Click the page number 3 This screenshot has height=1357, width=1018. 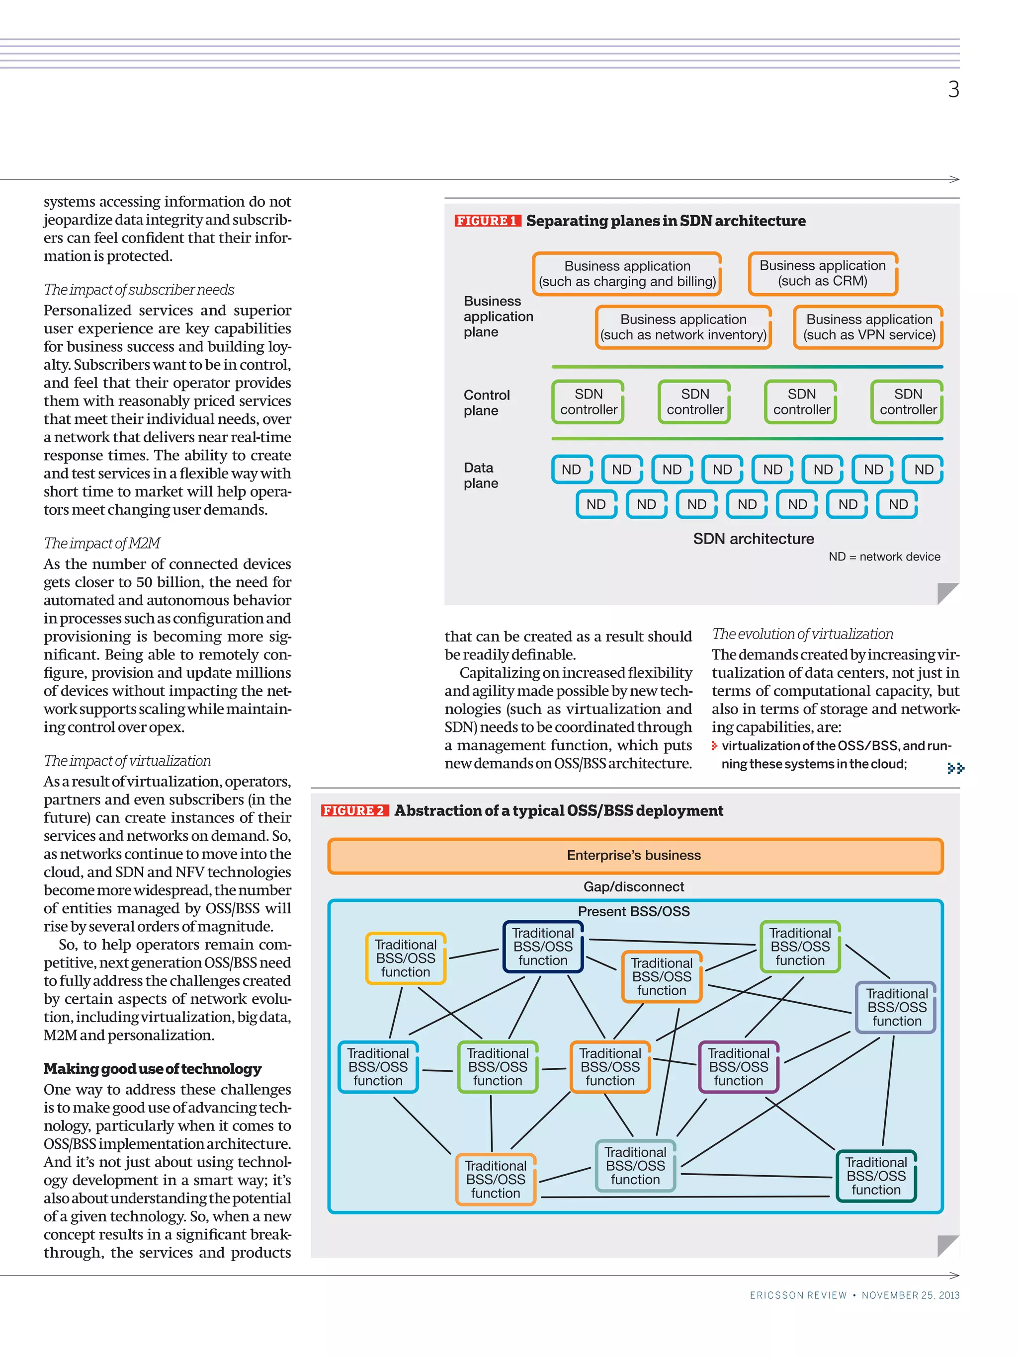[x=952, y=89]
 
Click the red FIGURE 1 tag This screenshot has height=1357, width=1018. [x=487, y=221]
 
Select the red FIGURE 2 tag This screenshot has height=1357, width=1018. [x=354, y=810]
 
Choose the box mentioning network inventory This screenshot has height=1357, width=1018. [x=683, y=327]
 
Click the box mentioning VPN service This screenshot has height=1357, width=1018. [x=868, y=327]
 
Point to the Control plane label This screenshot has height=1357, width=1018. [x=486, y=402]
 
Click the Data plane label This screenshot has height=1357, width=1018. [x=481, y=475]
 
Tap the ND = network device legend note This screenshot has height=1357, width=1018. [x=884, y=557]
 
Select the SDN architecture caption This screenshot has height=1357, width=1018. [x=753, y=539]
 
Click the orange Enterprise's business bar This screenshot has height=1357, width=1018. [x=634, y=855]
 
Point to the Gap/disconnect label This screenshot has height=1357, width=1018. [x=633, y=886]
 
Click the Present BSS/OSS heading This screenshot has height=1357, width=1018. [x=633, y=911]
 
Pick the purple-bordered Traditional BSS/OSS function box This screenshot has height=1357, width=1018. [x=738, y=1067]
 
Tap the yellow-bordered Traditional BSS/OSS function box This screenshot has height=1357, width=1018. [x=405, y=958]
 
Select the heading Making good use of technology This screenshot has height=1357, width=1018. [x=152, y=1069]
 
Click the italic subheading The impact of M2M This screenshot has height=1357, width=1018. [x=102, y=543]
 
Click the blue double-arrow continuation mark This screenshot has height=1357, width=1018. [x=955, y=768]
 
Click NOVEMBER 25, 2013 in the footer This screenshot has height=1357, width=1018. [x=910, y=1295]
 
